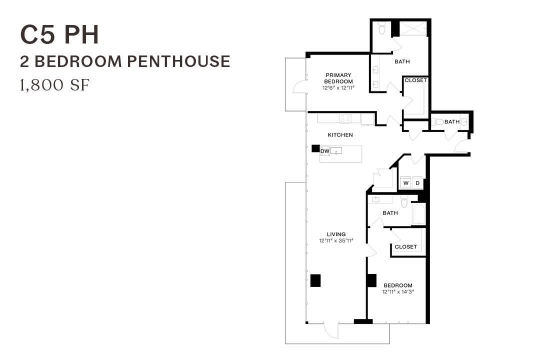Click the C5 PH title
click(x=59, y=35)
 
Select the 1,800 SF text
click(x=54, y=85)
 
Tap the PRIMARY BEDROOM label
click(x=338, y=78)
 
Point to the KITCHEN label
click(x=340, y=135)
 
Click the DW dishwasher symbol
click(x=325, y=150)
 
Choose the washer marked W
click(x=406, y=183)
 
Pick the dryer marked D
click(x=418, y=183)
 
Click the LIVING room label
click(x=336, y=234)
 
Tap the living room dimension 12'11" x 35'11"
click(x=336, y=240)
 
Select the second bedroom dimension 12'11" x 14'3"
click(x=397, y=291)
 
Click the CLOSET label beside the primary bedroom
click(x=415, y=80)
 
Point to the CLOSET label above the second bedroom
click(x=405, y=246)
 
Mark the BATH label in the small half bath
click(x=452, y=121)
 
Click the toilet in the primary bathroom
click(x=381, y=30)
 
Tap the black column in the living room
click(x=315, y=280)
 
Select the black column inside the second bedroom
click(x=371, y=280)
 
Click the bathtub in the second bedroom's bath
click(x=418, y=214)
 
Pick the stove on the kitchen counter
click(x=345, y=118)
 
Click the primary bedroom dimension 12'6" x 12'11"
click(x=338, y=88)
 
